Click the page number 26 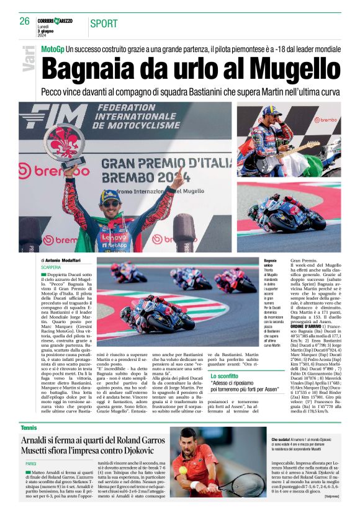[24, 22]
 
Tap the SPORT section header [104, 24]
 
